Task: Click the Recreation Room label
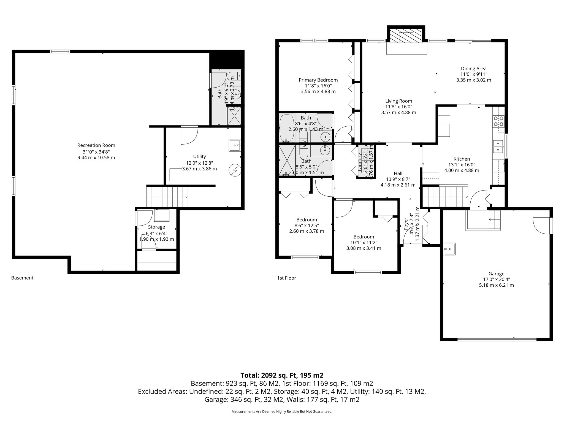click(96, 145)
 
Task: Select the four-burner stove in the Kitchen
click(498, 121)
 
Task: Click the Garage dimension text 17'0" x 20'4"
click(496, 279)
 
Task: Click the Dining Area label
click(474, 69)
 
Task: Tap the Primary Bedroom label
click(318, 80)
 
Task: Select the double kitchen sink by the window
click(498, 146)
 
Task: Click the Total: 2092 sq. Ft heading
click(282, 375)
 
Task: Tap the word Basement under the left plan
click(22, 278)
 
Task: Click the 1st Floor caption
click(286, 278)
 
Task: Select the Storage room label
click(156, 227)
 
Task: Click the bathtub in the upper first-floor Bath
click(287, 128)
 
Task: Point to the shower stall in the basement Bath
click(234, 116)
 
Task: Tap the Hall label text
click(398, 173)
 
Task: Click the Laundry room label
click(360, 162)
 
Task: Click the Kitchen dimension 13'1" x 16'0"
click(462, 165)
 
